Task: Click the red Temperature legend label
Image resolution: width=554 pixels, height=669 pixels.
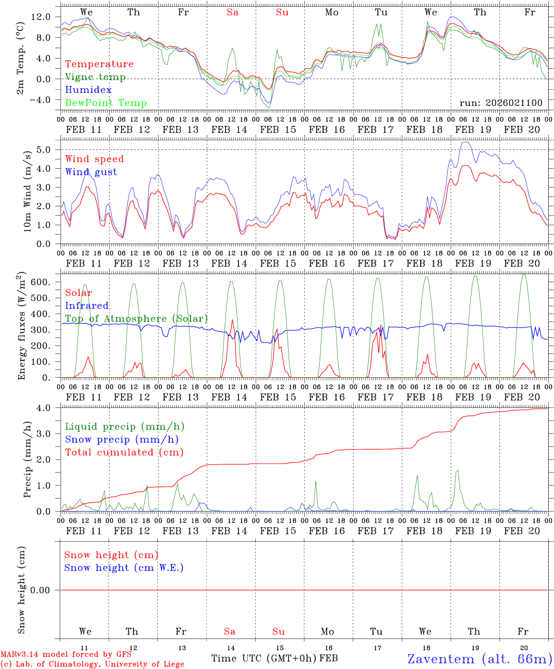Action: (99, 64)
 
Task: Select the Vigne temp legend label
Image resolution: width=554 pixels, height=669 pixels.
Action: (95, 77)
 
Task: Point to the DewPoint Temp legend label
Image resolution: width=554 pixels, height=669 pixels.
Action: (106, 103)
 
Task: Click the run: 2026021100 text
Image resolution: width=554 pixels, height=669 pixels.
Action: (501, 103)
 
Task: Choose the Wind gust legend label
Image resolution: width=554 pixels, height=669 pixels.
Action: (91, 172)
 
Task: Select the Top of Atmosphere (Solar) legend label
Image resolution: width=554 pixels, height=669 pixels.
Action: (136, 319)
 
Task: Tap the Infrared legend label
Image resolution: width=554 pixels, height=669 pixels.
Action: (87, 306)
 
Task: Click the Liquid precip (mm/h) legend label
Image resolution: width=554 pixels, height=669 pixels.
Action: (124, 426)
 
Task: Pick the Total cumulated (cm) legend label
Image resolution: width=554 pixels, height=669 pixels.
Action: (124, 453)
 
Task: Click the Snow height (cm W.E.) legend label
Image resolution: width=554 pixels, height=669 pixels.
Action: (124, 568)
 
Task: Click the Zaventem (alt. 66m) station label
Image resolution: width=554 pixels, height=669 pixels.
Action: (480, 659)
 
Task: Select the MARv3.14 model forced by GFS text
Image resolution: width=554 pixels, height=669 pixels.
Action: (66, 655)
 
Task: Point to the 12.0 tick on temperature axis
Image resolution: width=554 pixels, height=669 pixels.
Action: (40, 17)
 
